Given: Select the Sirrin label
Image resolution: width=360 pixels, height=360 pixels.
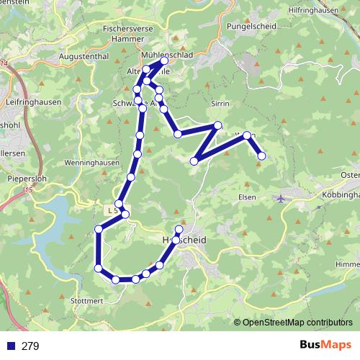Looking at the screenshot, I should click(220, 104).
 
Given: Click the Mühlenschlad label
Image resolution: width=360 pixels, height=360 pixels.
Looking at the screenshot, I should click(166, 53).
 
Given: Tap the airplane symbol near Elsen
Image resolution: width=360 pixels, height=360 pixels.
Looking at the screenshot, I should click(281, 198).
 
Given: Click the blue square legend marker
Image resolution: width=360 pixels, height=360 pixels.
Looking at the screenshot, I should click(10, 346).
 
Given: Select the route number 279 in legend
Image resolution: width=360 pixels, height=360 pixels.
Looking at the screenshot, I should click(30, 346).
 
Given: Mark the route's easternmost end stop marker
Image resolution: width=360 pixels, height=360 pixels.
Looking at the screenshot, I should click(262, 156).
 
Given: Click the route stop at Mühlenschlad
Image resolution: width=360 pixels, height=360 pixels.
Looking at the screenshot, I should click(164, 61).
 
